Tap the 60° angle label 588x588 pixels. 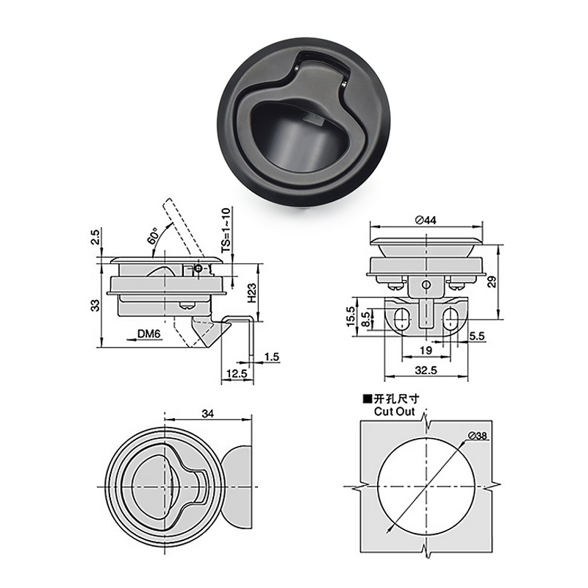pos(153,235)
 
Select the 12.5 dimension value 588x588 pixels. pos(234,374)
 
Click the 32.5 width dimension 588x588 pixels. pos(426,372)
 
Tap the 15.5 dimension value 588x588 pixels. pos(351,318)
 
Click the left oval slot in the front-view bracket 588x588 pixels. pos(401,317)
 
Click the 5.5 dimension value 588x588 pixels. pos(476,335)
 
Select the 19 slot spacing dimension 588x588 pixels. pos(426,351)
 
